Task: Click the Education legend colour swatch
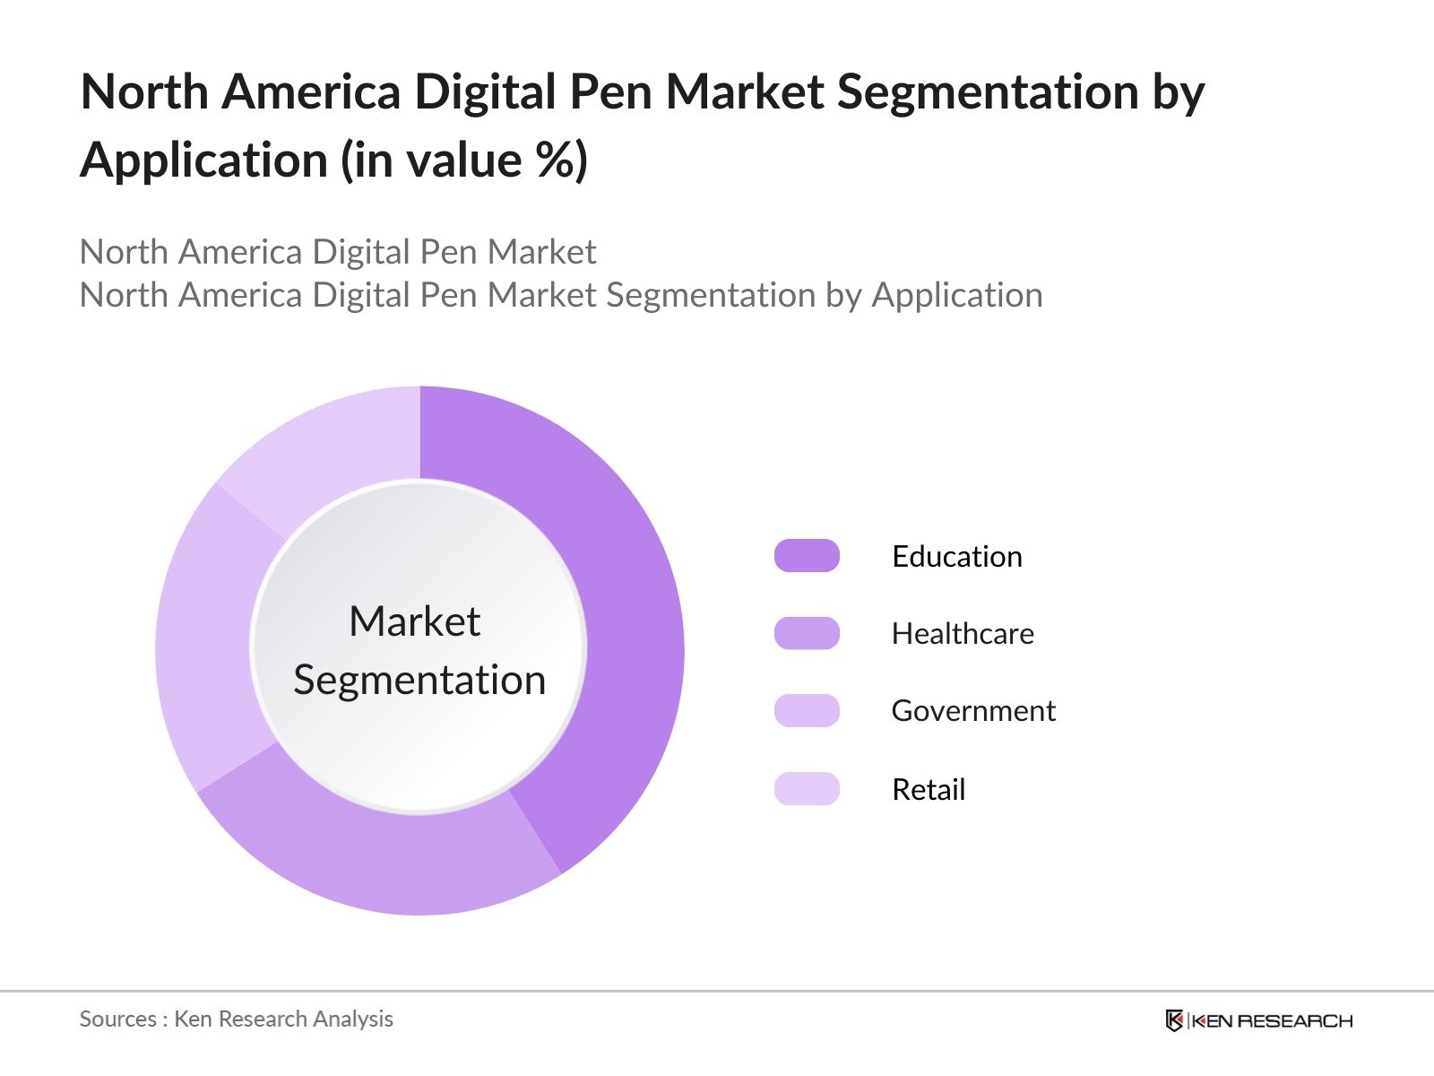[807, 556]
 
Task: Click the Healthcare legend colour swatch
[807, 633]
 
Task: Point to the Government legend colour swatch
[807, 710]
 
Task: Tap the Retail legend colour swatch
[807, 789]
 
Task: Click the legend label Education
[956, 557]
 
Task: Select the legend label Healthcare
[962, 634]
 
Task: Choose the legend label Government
[972, 711]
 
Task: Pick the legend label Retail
[928, 790]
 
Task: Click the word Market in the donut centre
[414, 621]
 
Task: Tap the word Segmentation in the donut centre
[419, 680]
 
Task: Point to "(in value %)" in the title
[463, 161]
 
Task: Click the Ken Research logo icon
[1173, 1020]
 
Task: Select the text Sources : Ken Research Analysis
[236, 1020]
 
